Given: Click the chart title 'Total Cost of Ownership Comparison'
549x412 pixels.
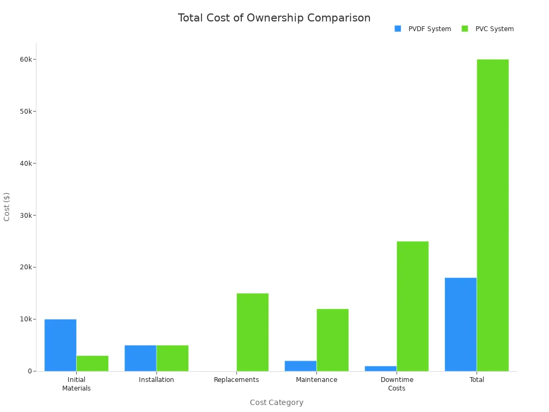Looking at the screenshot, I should [x=274, y=18].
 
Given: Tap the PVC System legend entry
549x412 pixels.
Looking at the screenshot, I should [x=488, y=29].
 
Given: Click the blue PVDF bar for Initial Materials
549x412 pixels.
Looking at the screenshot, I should [x=60, y=345].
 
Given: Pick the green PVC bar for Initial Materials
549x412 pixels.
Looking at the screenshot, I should [x=92, y=363].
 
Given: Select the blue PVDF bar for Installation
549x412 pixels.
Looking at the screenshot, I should [x=140, y=358].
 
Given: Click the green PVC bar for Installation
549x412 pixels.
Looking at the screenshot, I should [x=172, y=358].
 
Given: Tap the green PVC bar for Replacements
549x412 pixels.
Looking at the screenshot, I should [x=253, y=332].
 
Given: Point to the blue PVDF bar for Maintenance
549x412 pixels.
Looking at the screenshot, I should [x=300, y=366].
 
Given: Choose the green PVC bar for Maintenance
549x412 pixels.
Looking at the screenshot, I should [x=332, y=340].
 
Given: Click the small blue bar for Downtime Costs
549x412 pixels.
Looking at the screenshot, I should [x=381, y=369].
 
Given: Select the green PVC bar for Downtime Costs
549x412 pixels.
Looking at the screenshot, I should [x=412, y=306].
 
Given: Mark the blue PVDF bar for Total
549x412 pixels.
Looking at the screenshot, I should [x=461, y=324].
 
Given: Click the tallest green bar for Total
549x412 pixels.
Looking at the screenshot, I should [x=493, y=215].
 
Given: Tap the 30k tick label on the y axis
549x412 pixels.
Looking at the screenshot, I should [x=26, y=216].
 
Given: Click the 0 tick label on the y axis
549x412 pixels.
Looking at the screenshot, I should [x=30, y=371].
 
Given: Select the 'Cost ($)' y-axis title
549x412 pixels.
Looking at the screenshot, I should [x=7, y=207].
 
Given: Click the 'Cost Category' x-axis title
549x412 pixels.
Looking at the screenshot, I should [x=276, y=402].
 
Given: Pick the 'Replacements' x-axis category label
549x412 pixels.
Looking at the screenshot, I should [x=236, y=380].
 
